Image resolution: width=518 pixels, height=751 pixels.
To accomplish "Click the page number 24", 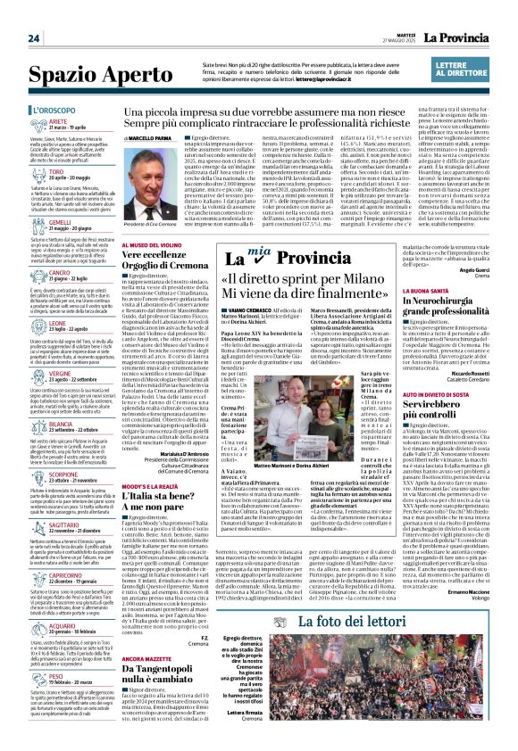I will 34,38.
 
